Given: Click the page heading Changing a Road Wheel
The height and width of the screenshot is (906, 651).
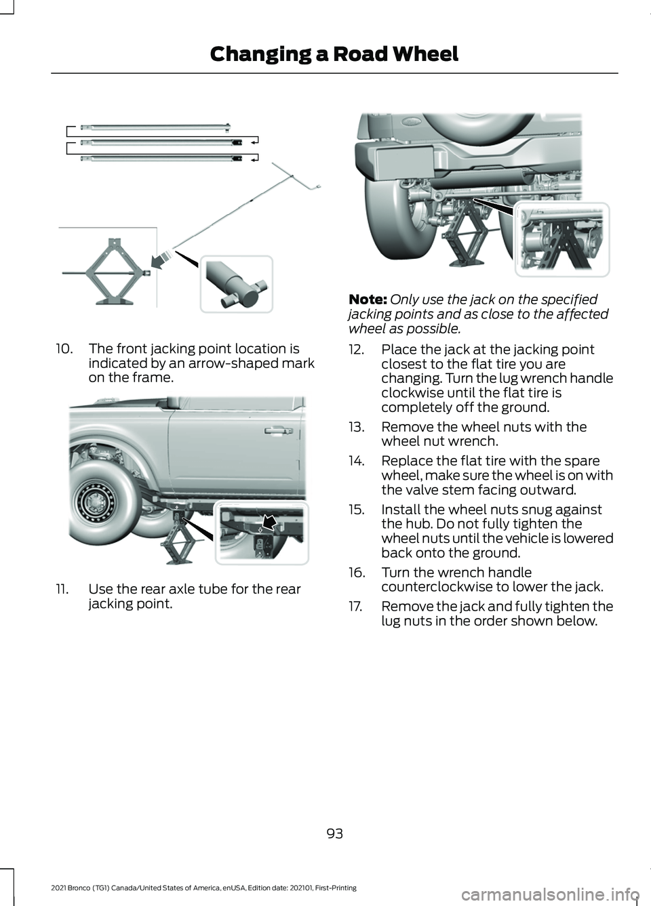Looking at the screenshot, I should [x=334, y=54].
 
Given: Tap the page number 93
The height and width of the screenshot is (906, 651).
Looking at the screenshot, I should [x=334, y=833].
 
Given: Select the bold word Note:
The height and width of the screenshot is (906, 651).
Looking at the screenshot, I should [x=368, y=300].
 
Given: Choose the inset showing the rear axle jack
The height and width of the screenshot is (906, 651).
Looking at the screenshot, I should [x=561, y=239].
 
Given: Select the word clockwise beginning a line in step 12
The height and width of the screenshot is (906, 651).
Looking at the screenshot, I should [x=403, y=393].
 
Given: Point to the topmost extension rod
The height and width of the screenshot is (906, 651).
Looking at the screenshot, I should [x=156, y=126].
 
